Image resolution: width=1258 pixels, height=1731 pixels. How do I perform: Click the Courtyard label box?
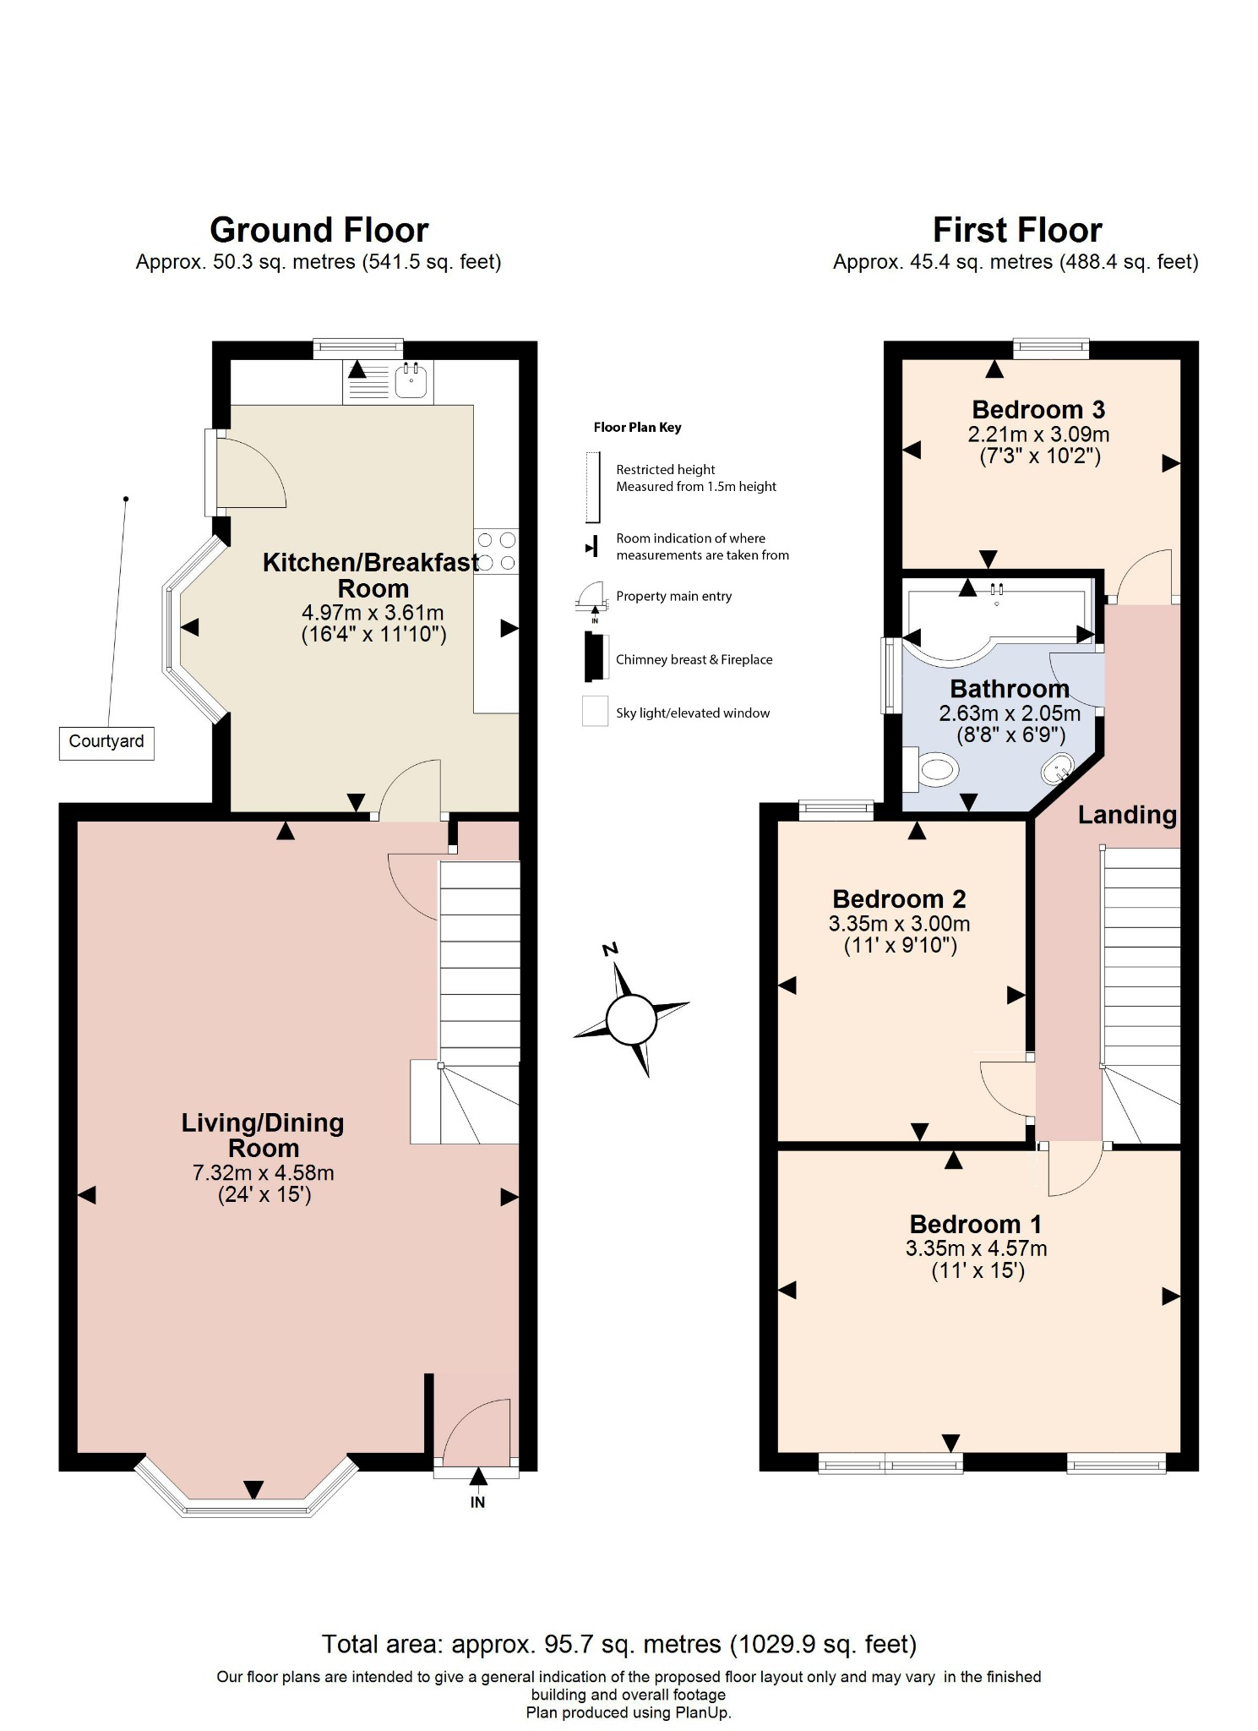click(106, 742)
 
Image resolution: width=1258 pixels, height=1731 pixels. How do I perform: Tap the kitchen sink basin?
click(412, 383)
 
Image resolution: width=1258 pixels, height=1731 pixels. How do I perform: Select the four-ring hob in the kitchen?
click(496, 550)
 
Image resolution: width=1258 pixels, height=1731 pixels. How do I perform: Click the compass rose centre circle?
click(631, 1019)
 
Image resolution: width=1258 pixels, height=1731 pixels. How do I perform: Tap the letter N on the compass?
click(610, 949)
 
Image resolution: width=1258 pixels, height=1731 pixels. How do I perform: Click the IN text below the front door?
click(477, 1502)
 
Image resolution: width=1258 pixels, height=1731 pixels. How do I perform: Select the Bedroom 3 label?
click(1038, 410)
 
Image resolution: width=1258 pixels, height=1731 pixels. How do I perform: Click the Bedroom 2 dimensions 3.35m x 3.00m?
click(899, 924)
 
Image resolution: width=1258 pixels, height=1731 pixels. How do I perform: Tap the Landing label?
click(1127, 815)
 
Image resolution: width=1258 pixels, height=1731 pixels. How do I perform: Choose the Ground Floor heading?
click(319, 230)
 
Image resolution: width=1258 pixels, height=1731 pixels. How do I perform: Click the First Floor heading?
click(1016, 230)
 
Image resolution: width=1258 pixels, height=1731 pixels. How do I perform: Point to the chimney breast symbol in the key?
click(595, 657)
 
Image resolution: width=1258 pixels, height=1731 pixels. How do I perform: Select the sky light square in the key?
click(595, 711)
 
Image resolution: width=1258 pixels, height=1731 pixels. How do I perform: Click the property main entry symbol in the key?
click(591, 597)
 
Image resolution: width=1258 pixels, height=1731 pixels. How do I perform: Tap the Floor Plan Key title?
click(637, 428)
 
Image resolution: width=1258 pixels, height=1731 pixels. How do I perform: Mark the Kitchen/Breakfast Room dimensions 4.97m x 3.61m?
click(373, 613)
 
